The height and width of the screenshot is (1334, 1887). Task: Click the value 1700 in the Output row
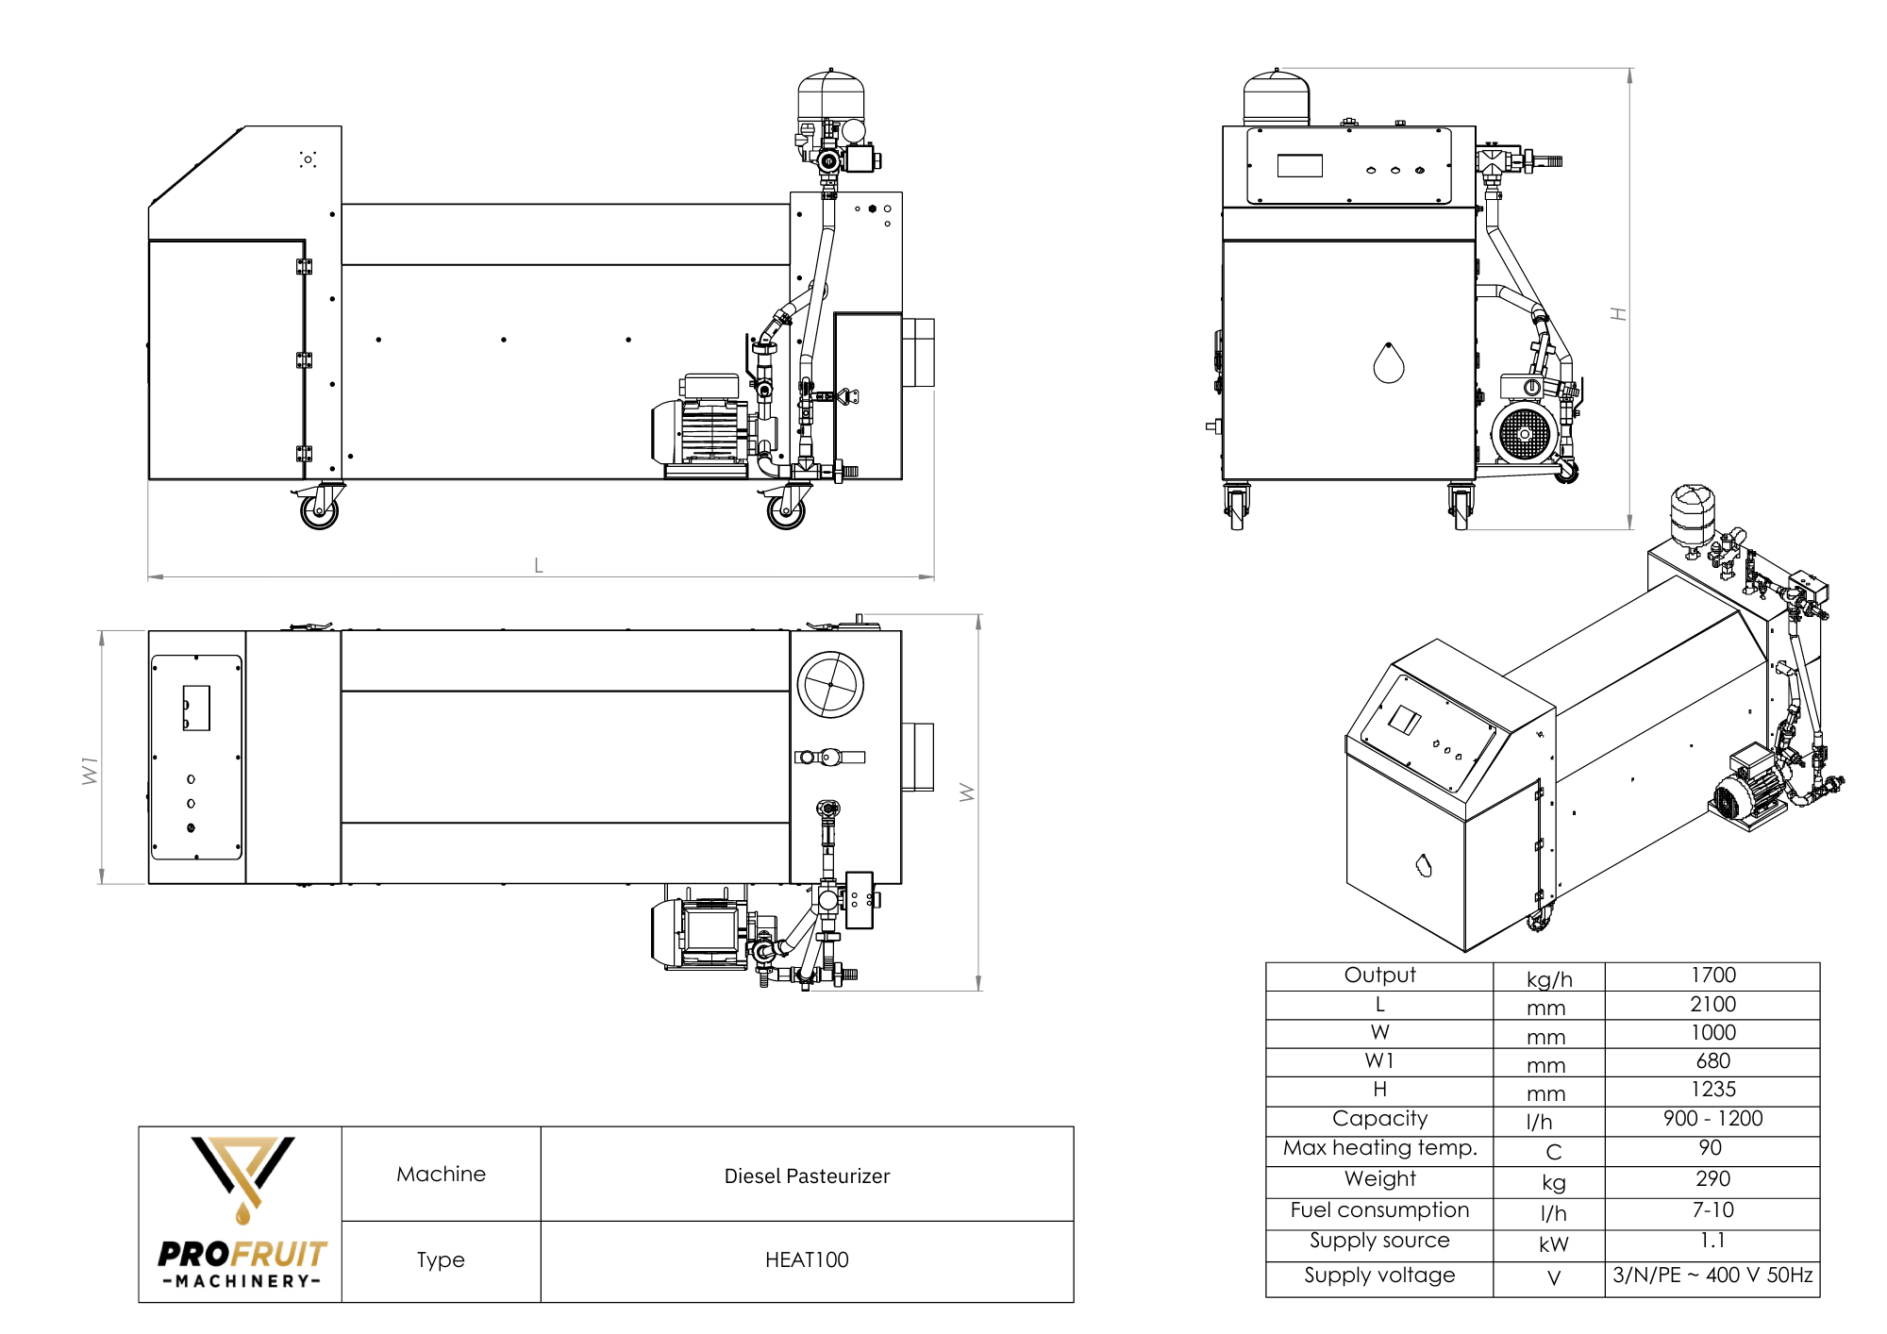pos(1712,975)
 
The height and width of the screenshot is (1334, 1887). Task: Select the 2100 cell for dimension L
pos(1712,1005)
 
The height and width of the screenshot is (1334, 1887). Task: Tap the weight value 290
pos(1712,1179)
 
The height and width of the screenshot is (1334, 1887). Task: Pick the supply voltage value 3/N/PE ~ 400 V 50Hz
pos(1712,1276)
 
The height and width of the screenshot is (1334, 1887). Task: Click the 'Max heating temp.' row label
pos(1379,1148)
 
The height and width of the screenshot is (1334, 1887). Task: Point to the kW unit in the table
pos(1553,1244)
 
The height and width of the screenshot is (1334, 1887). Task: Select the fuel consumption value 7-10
pos(1712,1210)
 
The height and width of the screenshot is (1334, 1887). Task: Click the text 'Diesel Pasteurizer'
pos(807,1176)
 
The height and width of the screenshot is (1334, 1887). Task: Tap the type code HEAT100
pos(807,1260)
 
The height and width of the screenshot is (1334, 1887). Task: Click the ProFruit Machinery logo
pos(242,1213)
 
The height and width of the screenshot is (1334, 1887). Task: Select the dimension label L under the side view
pos(539,566)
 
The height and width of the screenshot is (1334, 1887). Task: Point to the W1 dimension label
pos(90,770)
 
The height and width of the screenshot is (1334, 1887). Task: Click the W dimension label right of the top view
pos(967,792)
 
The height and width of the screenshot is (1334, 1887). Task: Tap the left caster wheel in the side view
pos(319,510)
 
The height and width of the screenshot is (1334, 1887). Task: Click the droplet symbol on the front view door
pos(1389,363)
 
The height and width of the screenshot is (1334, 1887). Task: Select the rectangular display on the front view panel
pos(1299,166)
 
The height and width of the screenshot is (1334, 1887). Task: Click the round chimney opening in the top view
pos(830,685)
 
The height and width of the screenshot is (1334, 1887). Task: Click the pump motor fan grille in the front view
pos(1524,434)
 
